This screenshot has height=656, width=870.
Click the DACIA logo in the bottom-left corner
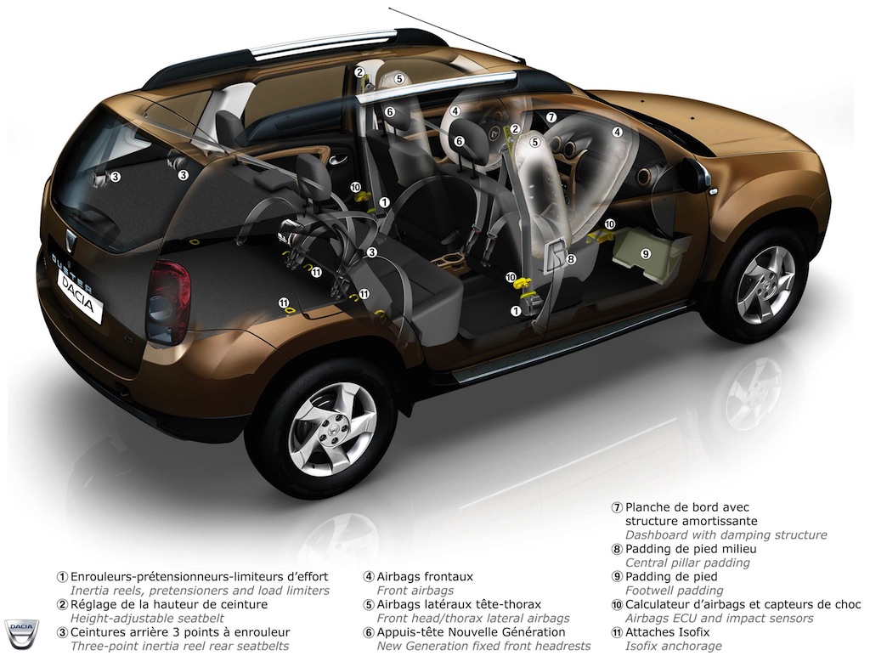pyautogui.click(x=21, y=633)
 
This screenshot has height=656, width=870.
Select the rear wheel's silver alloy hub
pyautogui.click(x=332, y=429)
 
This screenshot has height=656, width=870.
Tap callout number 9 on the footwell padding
pyautogui.click(x=646, y=253)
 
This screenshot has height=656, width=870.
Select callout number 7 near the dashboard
pyautogui.click(x=551, y=117)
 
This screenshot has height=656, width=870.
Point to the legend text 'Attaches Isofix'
pyautogui.click(x=668, y=631)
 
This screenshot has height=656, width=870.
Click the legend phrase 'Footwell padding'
pyautogui.click(x=674, y=591)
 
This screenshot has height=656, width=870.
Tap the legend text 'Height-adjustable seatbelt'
pyautogui.click(x=147, y=619)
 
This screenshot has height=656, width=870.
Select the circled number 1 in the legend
pyautogui.click(x=63, y=577)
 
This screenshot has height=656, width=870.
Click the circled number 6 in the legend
pyautogui.click(x=369, y=632)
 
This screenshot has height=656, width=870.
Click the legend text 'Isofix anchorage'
pyautogui.click(x=674, y=646)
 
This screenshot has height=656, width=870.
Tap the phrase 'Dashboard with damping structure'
pyautogui.click(x=726, y=535)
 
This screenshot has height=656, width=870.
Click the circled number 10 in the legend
pyautogui.click(x=617, y=604)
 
